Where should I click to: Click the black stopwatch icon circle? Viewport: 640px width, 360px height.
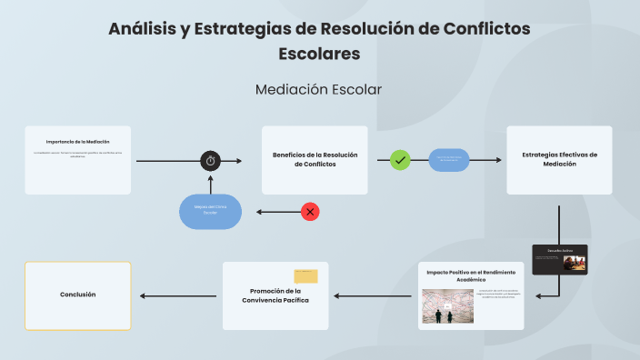[211, 161]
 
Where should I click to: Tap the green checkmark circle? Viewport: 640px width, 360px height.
[400, 160]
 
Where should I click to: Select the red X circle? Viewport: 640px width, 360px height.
[310, 212]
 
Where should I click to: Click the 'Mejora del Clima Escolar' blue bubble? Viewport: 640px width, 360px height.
[210, 212]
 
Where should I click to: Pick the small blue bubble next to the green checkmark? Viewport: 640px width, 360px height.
[449, 160]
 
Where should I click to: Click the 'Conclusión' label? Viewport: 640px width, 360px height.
[77, 295]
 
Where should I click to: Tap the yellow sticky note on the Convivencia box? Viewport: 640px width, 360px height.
[305, 275]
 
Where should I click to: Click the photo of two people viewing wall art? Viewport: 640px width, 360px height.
[447, 306]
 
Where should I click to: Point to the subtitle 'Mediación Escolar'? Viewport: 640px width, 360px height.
[318, 89]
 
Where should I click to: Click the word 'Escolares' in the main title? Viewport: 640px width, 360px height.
[319, 54]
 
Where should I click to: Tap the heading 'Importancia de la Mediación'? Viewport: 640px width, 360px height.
[78, 142]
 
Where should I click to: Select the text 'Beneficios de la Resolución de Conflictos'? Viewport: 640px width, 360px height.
[315, 159]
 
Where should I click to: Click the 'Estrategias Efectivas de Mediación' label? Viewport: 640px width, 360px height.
[559, 159]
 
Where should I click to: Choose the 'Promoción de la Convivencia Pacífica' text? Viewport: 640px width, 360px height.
[275, 295]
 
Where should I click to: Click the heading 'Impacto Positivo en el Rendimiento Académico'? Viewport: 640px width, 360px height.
[472, 276]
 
